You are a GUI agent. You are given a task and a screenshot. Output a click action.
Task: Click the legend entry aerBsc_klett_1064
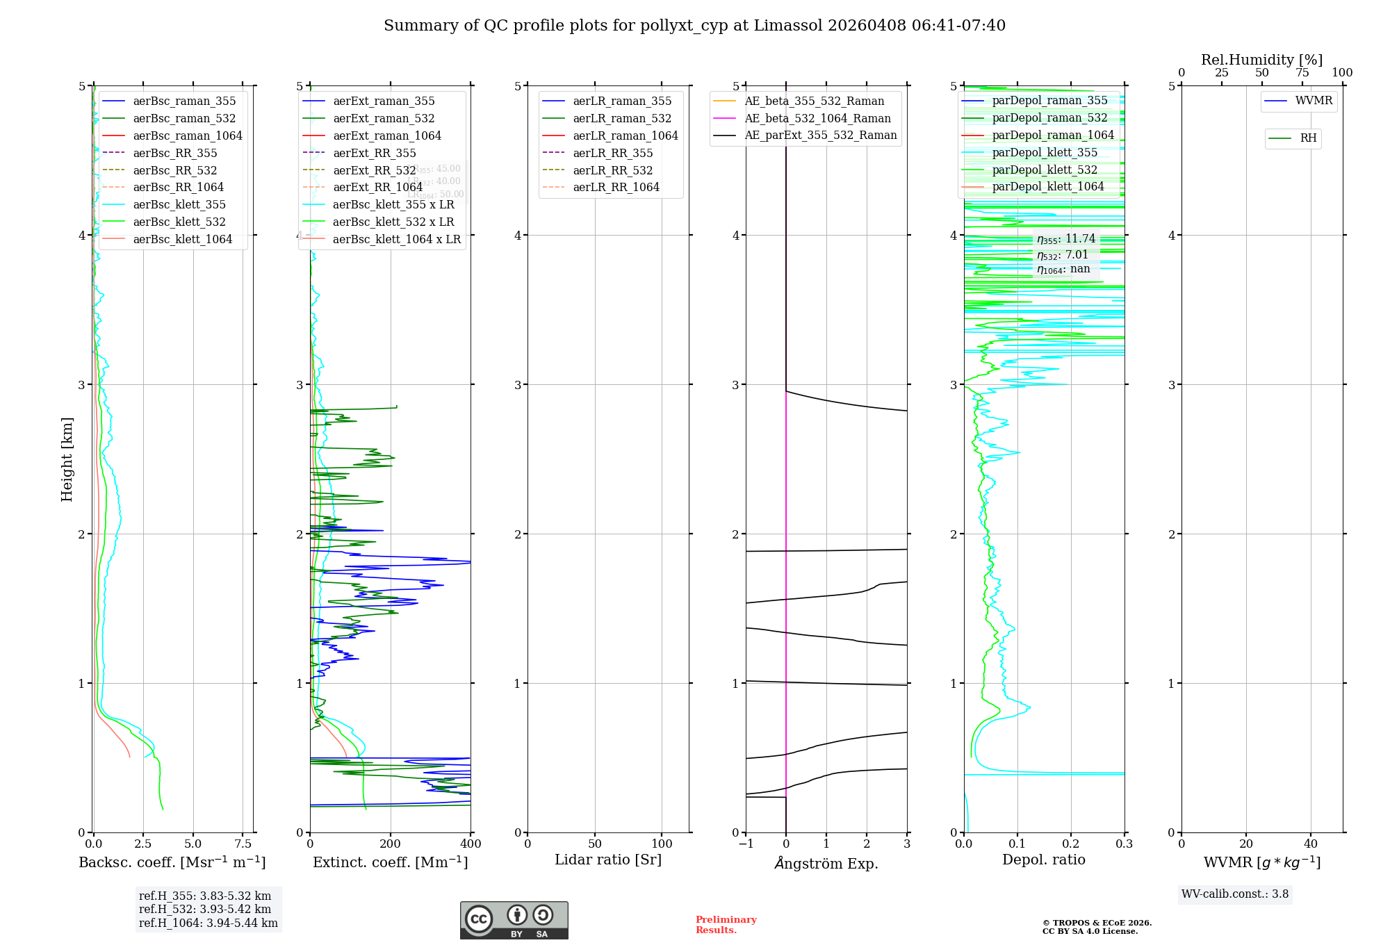[182, 239]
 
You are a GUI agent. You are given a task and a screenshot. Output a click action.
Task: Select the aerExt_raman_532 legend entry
[384, 118]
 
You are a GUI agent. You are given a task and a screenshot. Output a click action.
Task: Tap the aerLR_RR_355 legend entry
[612, 153]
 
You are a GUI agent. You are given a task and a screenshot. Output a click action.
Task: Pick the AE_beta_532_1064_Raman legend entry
[817, 118]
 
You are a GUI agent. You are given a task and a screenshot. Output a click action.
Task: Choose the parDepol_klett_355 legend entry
[1045, 152]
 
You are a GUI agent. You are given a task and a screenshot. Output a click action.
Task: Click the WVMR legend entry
[1314, 101]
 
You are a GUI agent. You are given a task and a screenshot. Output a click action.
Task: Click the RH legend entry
[1308, 138]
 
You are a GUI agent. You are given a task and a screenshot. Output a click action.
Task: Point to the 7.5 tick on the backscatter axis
[243, 844]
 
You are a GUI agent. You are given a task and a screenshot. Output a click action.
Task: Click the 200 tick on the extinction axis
[391, 844]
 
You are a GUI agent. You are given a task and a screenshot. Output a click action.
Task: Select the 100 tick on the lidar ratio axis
[662, 844]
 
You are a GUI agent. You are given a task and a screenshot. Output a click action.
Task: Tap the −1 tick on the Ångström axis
[746, 844]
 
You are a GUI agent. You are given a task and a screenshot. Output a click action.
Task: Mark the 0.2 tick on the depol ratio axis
[1071, 844]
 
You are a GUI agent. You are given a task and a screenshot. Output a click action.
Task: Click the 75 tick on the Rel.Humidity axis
[1302, 72]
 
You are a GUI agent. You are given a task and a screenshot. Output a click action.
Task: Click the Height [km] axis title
[67, 459]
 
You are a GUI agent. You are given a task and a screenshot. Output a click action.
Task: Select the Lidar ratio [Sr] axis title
[608, 860]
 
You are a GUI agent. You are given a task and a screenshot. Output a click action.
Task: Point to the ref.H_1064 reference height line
[208, 923]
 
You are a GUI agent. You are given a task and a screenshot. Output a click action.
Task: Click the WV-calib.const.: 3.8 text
[1235, 894]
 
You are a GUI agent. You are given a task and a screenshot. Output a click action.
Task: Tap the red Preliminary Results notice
[726, 924]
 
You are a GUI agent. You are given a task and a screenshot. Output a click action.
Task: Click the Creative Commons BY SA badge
[514, 920]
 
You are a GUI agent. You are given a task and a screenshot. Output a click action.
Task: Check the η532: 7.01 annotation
[1062, 255]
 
